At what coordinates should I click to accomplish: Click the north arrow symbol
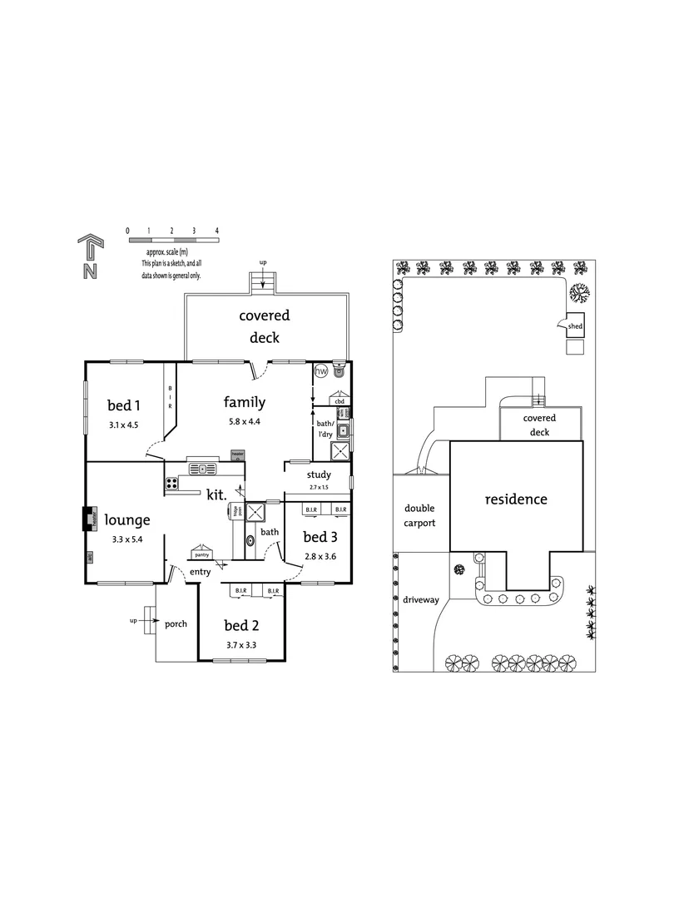[90, 257]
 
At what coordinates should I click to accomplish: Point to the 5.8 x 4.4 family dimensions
[244, 422]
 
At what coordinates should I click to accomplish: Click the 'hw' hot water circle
[320, 371]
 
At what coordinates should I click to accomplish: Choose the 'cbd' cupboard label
[339, 401]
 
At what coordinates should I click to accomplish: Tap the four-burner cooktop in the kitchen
[172, 482]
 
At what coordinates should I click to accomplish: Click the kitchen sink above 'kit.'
[202, 469]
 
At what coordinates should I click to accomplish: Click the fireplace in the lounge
[88, 519]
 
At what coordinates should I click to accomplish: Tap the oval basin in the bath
[250, 542]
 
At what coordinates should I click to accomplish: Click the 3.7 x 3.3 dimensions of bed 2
[241, 644]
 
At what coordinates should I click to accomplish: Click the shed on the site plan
[574, 327]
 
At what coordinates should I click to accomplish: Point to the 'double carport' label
[421, 515]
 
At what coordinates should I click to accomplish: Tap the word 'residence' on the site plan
[516, 499]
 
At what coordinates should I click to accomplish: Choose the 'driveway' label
[420, 599]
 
